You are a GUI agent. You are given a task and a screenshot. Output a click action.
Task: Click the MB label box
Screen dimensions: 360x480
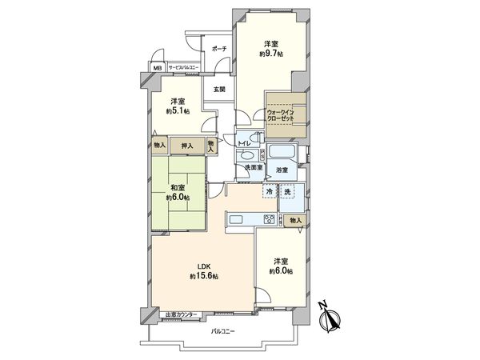tap(157, 69)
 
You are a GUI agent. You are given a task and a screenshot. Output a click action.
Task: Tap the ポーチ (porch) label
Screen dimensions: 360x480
tap(218, 50)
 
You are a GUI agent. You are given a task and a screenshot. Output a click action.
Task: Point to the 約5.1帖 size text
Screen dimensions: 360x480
tap(178, 110)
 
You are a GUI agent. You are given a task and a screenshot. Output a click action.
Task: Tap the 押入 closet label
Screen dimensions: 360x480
tap(185, 146)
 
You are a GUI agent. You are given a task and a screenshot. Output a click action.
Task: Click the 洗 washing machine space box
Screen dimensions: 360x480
tap(288, 192)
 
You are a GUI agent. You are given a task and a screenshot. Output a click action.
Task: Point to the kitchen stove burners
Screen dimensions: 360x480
tap(269, 220)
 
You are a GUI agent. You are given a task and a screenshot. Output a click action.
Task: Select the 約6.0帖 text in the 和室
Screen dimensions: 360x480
tap(178, 197)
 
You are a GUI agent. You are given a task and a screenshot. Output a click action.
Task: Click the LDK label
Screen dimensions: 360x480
tap(205, 266)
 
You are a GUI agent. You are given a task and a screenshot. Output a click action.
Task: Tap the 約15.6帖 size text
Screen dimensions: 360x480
tap(205, 276)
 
